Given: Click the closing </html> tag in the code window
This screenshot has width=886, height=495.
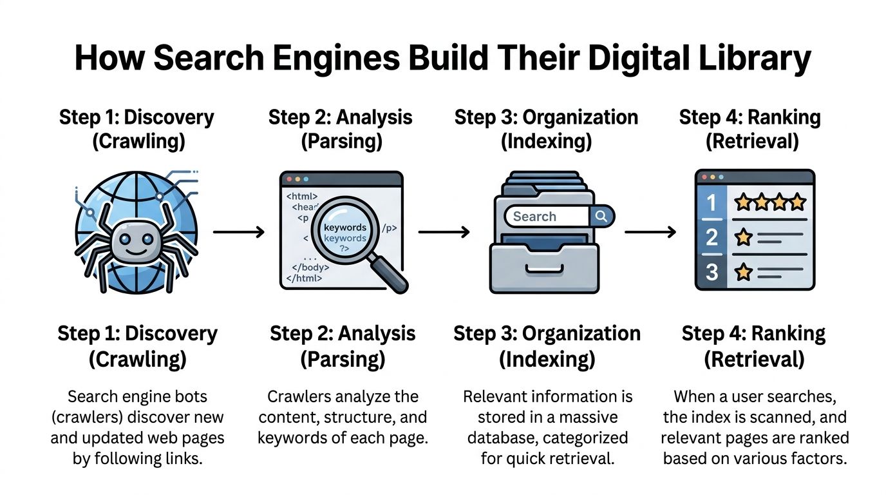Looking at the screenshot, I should (303, 278).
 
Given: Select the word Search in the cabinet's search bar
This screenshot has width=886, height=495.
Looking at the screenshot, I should (534, 217).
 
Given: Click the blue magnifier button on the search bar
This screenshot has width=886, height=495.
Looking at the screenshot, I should (601, 217).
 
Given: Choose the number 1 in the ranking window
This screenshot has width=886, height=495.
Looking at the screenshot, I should (712, 204).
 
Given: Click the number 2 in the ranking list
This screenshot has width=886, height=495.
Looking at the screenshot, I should (712, 238).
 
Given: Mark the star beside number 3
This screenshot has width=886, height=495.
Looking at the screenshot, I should (743, 272).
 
